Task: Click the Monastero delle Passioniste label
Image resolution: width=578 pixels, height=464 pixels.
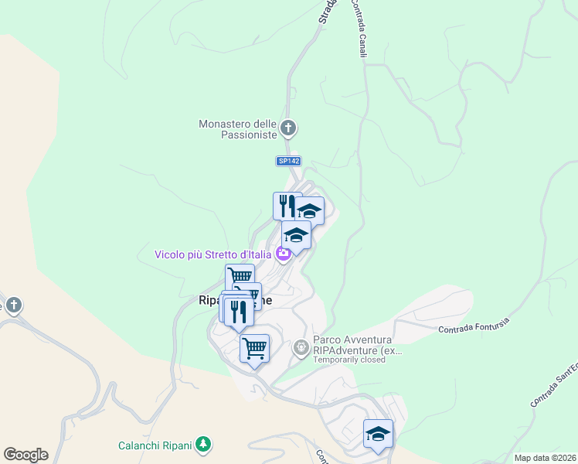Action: [x=237, y=128]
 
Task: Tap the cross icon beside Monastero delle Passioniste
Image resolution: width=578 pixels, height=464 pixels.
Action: [x=287, y=128]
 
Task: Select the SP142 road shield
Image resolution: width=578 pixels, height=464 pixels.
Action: [x=288, y=161]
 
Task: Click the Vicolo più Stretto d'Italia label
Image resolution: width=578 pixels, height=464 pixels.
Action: [x=212, y=254]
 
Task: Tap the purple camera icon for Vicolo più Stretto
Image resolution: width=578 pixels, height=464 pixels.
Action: [x=283, y=253]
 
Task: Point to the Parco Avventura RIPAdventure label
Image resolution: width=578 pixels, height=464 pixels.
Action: [x=357, y=344]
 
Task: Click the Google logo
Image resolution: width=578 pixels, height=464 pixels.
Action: [x=25, y=454]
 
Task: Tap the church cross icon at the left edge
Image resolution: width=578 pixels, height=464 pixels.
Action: [x=13, y=304]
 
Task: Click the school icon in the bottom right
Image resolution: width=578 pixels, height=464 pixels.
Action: [x=378, y=433]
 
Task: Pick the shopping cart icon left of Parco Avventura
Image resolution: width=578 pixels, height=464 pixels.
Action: [x=254, y=348]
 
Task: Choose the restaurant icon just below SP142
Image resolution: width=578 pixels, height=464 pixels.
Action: [x=287, y=206]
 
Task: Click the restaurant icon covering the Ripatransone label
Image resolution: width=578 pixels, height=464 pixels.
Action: [x=238, y=311]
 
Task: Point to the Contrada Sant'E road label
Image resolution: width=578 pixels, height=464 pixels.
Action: [x=554, y=384]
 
